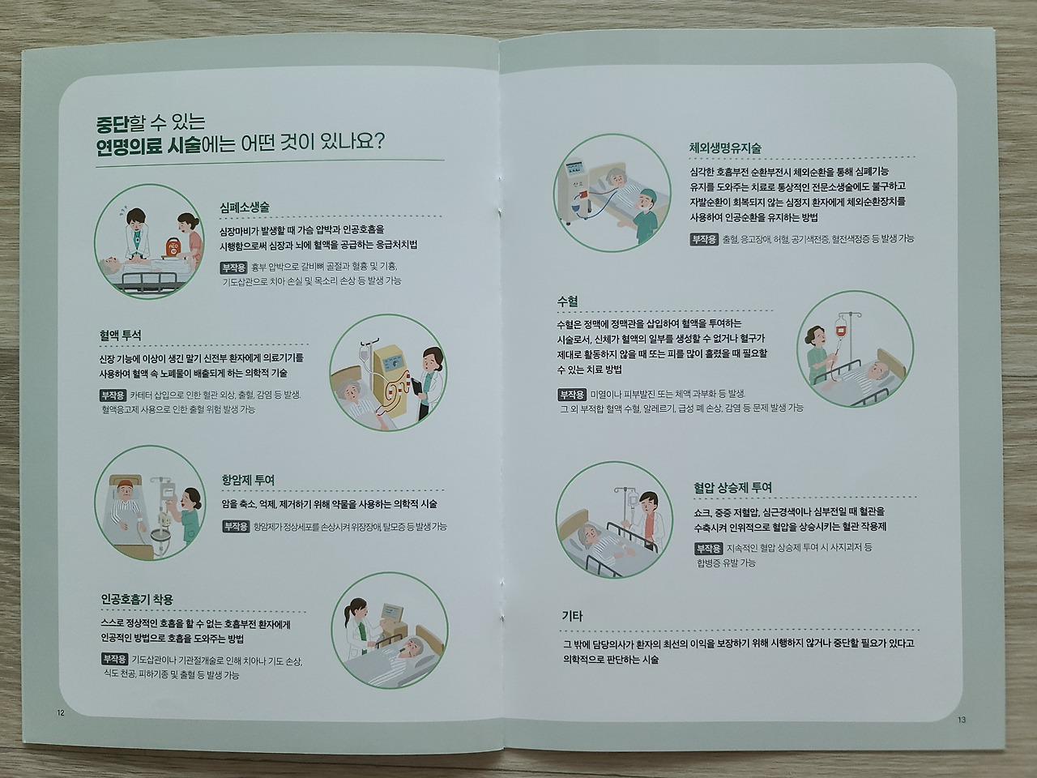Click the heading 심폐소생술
(244, 207)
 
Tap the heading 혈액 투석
(121, 335)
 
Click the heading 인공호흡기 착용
(137, 600)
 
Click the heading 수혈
(567, 301)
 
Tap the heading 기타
(573, 616)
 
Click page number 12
(60, 712)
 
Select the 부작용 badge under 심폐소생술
(233, 267)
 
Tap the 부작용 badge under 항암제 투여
(236, 526)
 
